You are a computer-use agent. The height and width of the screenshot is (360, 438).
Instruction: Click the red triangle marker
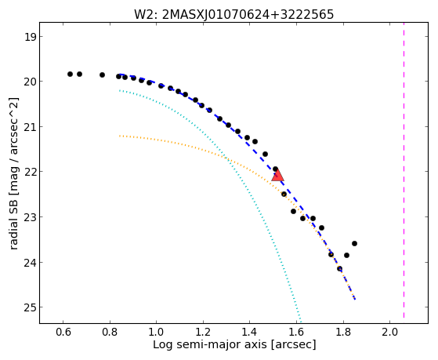pyautogui.click(x=277, y=176)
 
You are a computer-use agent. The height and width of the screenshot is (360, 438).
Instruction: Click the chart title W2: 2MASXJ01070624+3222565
pyautogui.click(x=233, y=15)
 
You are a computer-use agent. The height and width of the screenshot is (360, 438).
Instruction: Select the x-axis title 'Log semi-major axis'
pyautogui.click(x=210, y=344)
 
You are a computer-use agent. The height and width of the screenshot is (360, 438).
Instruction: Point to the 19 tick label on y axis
pyautogui.click(x=30, y=37)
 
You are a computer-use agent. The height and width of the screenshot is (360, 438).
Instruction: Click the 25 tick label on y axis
pyautogui.click(x=30, y=307)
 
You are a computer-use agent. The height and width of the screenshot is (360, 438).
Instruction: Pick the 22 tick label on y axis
pyautogui.click(x=30, y=172)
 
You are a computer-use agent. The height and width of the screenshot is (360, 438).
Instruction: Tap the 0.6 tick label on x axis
pyautogui.click(x=63, y=332)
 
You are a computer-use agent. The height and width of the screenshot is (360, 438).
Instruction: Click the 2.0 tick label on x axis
pyautogui.click(x=390, y=332)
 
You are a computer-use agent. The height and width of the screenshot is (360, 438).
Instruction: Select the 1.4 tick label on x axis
pyautogui.click(x=250, y=332)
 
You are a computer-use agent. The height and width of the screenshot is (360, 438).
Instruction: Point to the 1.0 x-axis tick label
pyautogui.click(x=157, y=332)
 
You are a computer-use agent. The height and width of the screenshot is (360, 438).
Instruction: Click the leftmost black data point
pyautogui.click(x=70, y=75)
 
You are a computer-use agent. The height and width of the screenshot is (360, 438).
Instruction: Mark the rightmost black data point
pyautogui.click(x=354, y=244)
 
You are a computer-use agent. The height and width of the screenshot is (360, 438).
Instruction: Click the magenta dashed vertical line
pyautogui.click(x=404, y=170)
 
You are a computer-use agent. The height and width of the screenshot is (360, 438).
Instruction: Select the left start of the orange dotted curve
pyautogui.click(x=120, y=136)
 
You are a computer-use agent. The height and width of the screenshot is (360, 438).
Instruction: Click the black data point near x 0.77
pyautogui.click(x=102, y=75)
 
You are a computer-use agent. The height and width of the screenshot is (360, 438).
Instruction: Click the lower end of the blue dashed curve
pyautogui.click(x=355, y=300)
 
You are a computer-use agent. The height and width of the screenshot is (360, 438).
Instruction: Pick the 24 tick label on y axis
pyautogui.click(x=30, y=263)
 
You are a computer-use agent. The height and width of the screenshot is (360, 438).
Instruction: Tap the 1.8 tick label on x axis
pyautogui.click(x=343, y=332)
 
